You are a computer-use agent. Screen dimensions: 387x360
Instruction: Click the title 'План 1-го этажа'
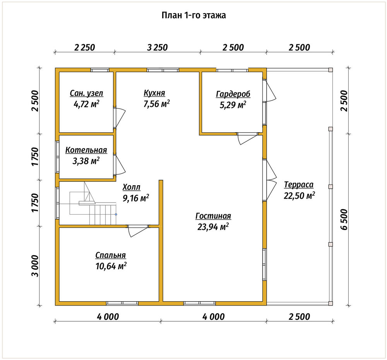194,15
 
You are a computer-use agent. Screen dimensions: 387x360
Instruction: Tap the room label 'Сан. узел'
86,93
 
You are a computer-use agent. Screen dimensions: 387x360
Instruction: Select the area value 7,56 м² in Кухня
156,104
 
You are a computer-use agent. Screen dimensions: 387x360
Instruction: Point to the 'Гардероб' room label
233,94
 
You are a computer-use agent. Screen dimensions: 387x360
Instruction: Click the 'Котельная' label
86,150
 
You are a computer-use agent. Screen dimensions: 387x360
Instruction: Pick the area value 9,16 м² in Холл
136,198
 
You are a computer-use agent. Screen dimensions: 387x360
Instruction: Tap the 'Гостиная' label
213,216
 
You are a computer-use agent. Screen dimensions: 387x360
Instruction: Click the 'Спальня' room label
111,255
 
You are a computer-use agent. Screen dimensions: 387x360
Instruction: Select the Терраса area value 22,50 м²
299,196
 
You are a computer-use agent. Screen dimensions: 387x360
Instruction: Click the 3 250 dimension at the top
158,47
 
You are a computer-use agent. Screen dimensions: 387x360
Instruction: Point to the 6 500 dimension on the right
344,220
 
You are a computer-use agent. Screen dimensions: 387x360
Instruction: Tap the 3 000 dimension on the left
35,266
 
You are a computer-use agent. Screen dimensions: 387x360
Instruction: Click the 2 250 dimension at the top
85,47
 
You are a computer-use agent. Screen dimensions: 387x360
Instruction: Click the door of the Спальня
138,231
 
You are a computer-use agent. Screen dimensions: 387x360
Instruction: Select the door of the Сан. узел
120,117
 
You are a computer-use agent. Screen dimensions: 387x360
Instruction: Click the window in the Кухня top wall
163,70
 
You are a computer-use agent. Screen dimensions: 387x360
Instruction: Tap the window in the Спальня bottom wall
122,303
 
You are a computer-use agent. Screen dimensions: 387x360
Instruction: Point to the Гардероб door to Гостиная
248,138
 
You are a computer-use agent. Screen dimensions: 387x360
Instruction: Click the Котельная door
120,165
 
